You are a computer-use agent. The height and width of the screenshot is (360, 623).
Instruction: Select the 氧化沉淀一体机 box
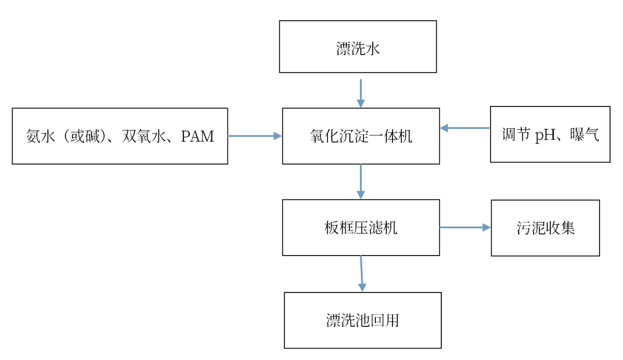[361, 136]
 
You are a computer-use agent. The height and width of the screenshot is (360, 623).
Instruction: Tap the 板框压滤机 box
[361, 228]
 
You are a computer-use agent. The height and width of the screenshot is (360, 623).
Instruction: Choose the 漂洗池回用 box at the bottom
[362, 320]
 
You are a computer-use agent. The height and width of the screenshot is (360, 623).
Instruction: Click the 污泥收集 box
[545, 228]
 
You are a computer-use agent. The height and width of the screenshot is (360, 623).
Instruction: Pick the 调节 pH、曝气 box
[550, 135]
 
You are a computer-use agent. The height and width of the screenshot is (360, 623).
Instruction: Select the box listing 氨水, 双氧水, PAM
[120, 136]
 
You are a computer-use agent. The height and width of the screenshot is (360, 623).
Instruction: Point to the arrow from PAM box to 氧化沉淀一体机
[254, 136]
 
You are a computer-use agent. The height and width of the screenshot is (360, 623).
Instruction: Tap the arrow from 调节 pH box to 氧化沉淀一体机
[465, 128]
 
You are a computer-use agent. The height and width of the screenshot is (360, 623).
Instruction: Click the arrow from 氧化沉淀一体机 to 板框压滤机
[361, 181]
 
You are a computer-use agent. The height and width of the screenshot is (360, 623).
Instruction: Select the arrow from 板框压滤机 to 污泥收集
[465, 228]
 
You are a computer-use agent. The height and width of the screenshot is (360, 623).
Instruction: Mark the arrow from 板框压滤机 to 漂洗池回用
[362, 273]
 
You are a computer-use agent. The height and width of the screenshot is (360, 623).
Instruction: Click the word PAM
[198, 137]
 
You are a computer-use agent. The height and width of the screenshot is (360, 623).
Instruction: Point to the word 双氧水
[147, 137]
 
